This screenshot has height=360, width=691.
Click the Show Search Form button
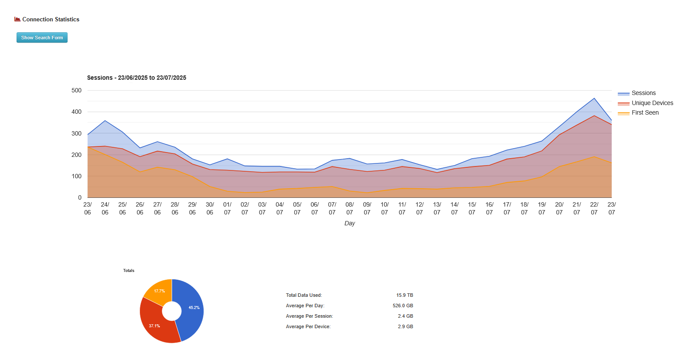(42, 37)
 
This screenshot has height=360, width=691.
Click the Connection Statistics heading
(51, 20)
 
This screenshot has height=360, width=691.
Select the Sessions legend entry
(643, 93)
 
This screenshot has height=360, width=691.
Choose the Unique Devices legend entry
(652, 103)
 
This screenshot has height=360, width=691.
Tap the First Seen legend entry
(645, 113)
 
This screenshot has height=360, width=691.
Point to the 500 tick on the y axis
(76, 91)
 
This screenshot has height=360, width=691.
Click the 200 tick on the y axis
(76, 155)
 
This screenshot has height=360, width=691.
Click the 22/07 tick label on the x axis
(594, 208)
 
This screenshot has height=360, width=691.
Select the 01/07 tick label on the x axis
(227, 208)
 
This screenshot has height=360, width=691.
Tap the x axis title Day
(350, 223)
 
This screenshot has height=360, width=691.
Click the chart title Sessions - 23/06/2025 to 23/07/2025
(136, 78)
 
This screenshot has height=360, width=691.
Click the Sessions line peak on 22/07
(594, 98)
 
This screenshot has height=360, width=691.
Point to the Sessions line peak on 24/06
(105, 121)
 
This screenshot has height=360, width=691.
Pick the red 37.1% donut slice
(155, 325)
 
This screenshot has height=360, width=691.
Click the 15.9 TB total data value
(405, 295)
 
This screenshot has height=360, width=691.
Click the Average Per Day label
(305, 306)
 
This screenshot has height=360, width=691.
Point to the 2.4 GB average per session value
(405, 316)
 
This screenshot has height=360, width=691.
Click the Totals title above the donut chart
(129, 271)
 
